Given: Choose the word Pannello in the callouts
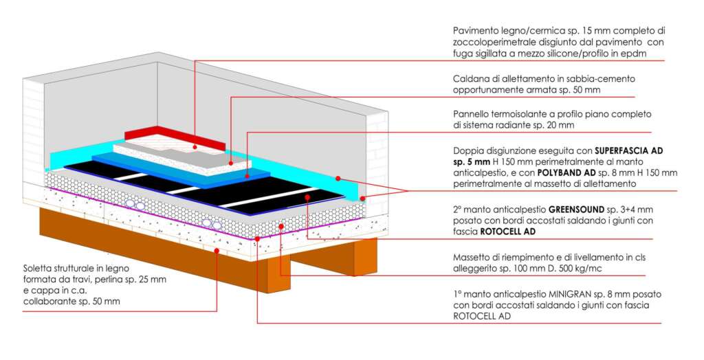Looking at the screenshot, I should (474, 114).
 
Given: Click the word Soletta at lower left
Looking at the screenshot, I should (40, 268).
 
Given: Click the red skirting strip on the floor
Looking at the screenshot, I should (175, 137).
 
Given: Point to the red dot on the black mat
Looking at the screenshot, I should (307, 196).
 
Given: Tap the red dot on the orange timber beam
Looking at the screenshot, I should (217, 251).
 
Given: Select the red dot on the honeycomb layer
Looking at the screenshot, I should (280, 226).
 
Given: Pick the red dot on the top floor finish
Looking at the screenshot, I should (195, 146).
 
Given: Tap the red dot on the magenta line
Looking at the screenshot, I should (257, 237).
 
